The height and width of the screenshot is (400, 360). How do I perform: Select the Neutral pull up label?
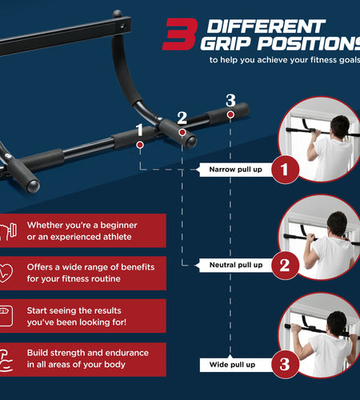(235, 265)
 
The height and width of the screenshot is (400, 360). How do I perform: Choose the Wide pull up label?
(232, 365)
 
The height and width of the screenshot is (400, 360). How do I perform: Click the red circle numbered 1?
(285, 170)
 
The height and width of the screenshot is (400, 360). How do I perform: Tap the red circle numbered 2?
(285, 265)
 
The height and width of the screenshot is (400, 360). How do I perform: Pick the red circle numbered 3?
(285, 365)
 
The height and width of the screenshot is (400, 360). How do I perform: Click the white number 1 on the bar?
(140, 130)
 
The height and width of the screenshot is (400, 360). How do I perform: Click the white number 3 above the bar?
(230, 101)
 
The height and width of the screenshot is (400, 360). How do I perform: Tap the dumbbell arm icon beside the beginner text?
(8, 231)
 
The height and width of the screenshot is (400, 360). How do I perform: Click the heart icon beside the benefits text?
(6, 273)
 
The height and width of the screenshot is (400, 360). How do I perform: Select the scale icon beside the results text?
(6, 316)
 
